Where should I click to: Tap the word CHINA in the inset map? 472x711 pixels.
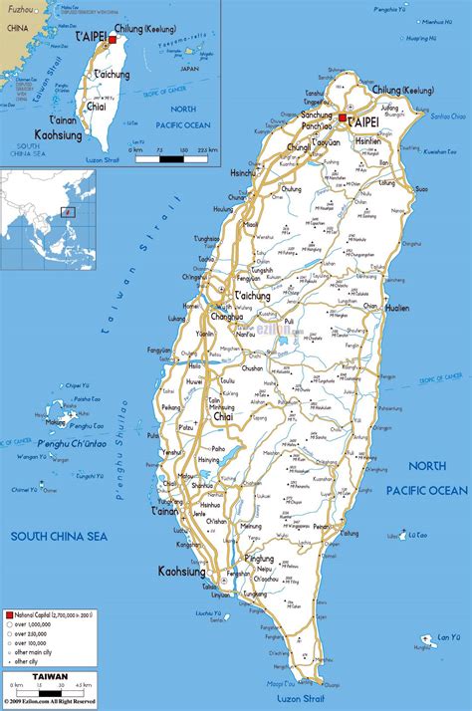pos(15,30)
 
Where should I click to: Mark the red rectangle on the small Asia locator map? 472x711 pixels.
pos(68,211)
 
